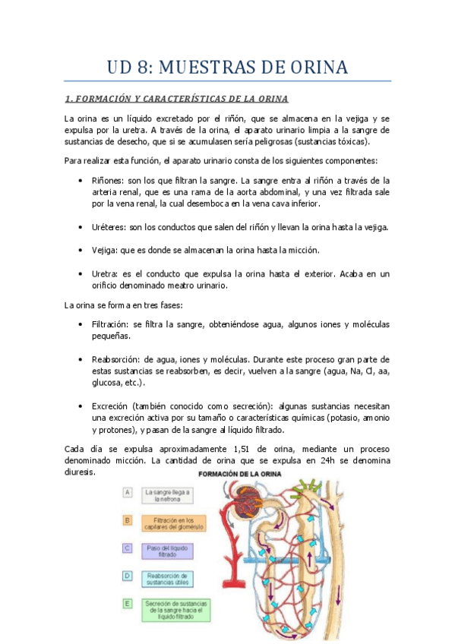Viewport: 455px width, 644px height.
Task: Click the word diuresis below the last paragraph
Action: (x=79, y=472)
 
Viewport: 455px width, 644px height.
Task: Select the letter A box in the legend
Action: (x=128, y=492)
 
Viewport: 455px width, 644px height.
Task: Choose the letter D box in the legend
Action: (x=128, y=579)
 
